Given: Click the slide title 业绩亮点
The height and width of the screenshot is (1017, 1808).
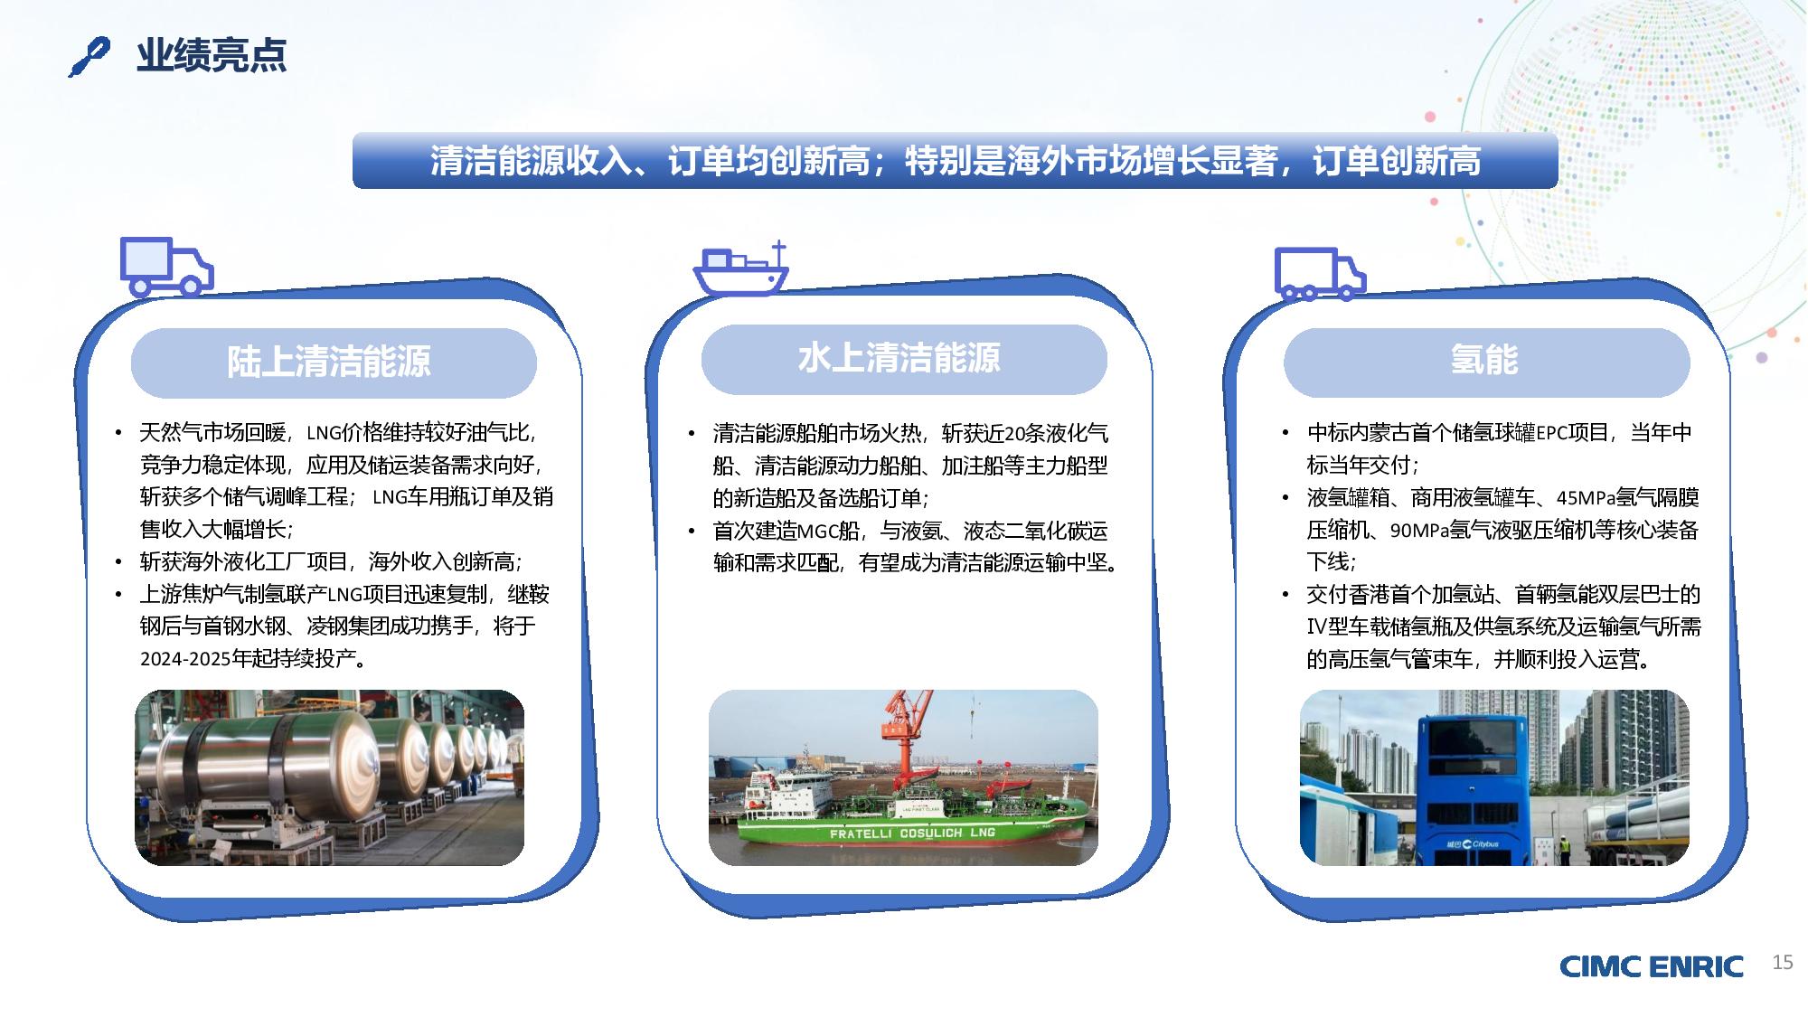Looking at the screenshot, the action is tap(212, 55).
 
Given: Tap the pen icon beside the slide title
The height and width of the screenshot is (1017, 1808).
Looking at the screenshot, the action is tap(89, 57).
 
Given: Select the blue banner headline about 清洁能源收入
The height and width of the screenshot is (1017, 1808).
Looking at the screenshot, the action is tap(955, 161).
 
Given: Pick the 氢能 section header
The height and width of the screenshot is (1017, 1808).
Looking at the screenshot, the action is tap(1486, 361).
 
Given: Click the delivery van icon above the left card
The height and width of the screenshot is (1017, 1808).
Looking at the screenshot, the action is tap(166, 267).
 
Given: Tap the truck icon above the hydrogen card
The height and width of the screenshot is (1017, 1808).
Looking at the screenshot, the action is tap(1320, 273).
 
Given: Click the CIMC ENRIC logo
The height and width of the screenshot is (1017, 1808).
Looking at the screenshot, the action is tap(1651, 966).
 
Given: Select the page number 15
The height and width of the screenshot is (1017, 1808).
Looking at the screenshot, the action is tap(1782, 962).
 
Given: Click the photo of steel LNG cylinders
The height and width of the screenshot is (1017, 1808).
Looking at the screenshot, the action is tap(329, 777).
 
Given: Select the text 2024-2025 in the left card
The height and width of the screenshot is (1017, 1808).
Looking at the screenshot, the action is tap(185, 659).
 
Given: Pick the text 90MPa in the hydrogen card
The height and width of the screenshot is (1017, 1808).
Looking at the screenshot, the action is tap(1419, 531).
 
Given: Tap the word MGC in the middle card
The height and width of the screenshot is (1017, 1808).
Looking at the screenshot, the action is tap(818, 531).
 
